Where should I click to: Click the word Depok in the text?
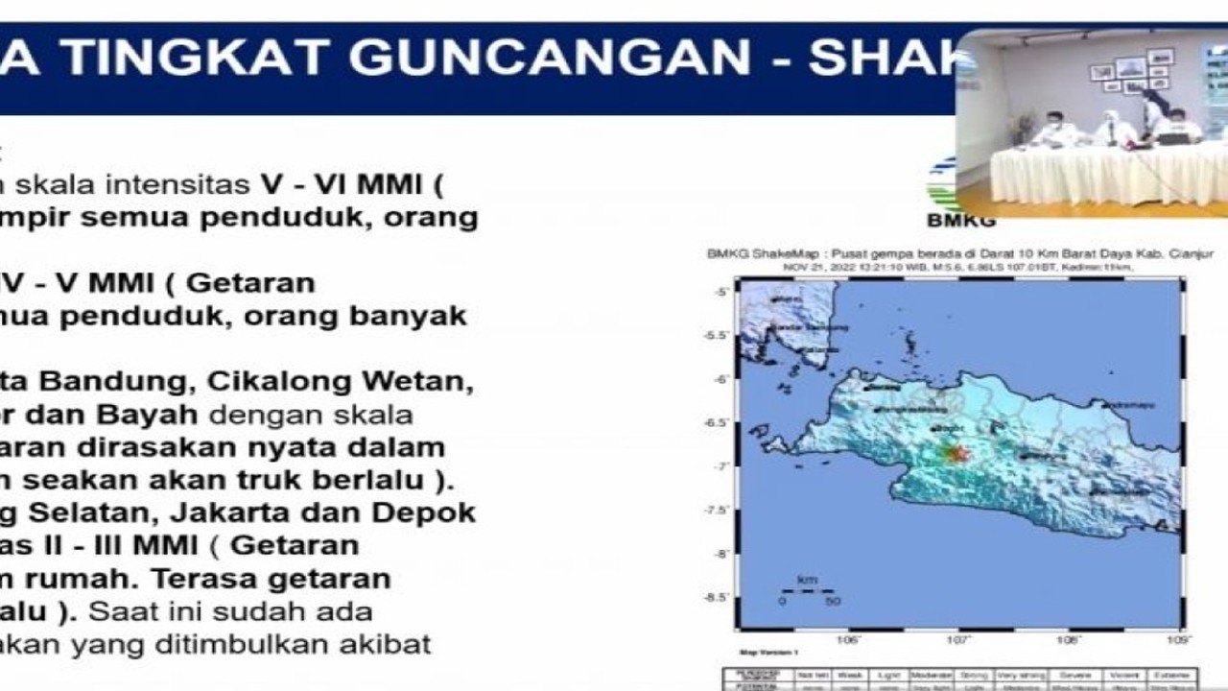pyautogui.click(x=431, y=512)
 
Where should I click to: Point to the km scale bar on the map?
pyautogui.click(x=806, y=591)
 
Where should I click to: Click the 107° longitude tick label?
pyautogui.click(x=958, y=639)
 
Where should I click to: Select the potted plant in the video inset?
pyautogui.click(x=1024, y=126)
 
